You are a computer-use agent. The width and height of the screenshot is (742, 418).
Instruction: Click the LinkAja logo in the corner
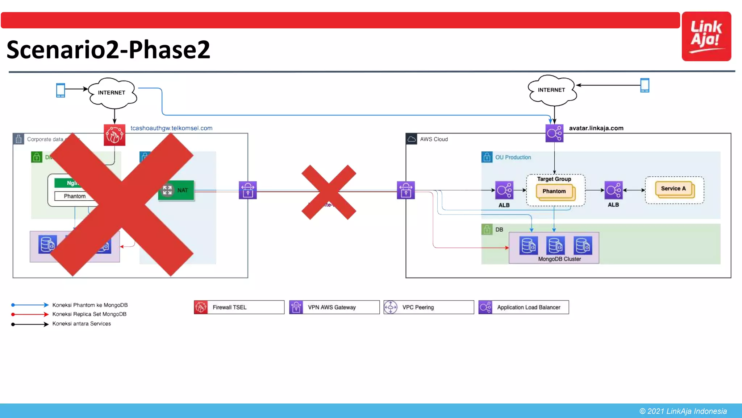tap(706, 36)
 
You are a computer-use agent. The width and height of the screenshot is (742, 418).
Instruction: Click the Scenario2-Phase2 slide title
tap(108, 50)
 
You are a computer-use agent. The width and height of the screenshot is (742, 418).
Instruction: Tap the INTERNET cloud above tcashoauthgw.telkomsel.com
tap(112, 93)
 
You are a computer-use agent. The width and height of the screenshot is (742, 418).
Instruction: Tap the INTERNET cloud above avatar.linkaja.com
tap(551, 90)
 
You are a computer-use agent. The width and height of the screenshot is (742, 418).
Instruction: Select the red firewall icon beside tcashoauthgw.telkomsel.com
tap(114, 135)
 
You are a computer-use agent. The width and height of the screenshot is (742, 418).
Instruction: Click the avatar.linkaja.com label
tap(596, 128)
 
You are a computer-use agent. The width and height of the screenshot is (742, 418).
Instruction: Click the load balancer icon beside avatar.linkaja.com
tap(554, 133)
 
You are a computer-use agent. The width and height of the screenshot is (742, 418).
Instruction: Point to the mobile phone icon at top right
tap(645, 85)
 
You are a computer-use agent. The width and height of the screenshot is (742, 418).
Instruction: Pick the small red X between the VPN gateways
tap(329, 192)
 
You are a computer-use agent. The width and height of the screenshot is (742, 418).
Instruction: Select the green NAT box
tap(176, 190)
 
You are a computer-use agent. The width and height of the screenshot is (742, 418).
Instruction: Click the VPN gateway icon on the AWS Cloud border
tap(406, 190)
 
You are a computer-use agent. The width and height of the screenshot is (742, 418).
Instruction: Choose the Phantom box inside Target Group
tap(554, 192)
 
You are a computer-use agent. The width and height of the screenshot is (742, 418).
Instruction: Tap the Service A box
tap(674, 189)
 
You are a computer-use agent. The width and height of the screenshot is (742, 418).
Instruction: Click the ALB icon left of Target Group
tap(504, 190)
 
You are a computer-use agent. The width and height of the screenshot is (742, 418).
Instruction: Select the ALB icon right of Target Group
tap(613, 190)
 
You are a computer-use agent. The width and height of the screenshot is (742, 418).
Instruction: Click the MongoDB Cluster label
tap(559, 259)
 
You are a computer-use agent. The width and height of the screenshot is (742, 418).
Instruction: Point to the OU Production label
tap(513, 157)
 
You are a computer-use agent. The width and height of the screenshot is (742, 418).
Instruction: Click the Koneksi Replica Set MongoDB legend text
tap(89, 314)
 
